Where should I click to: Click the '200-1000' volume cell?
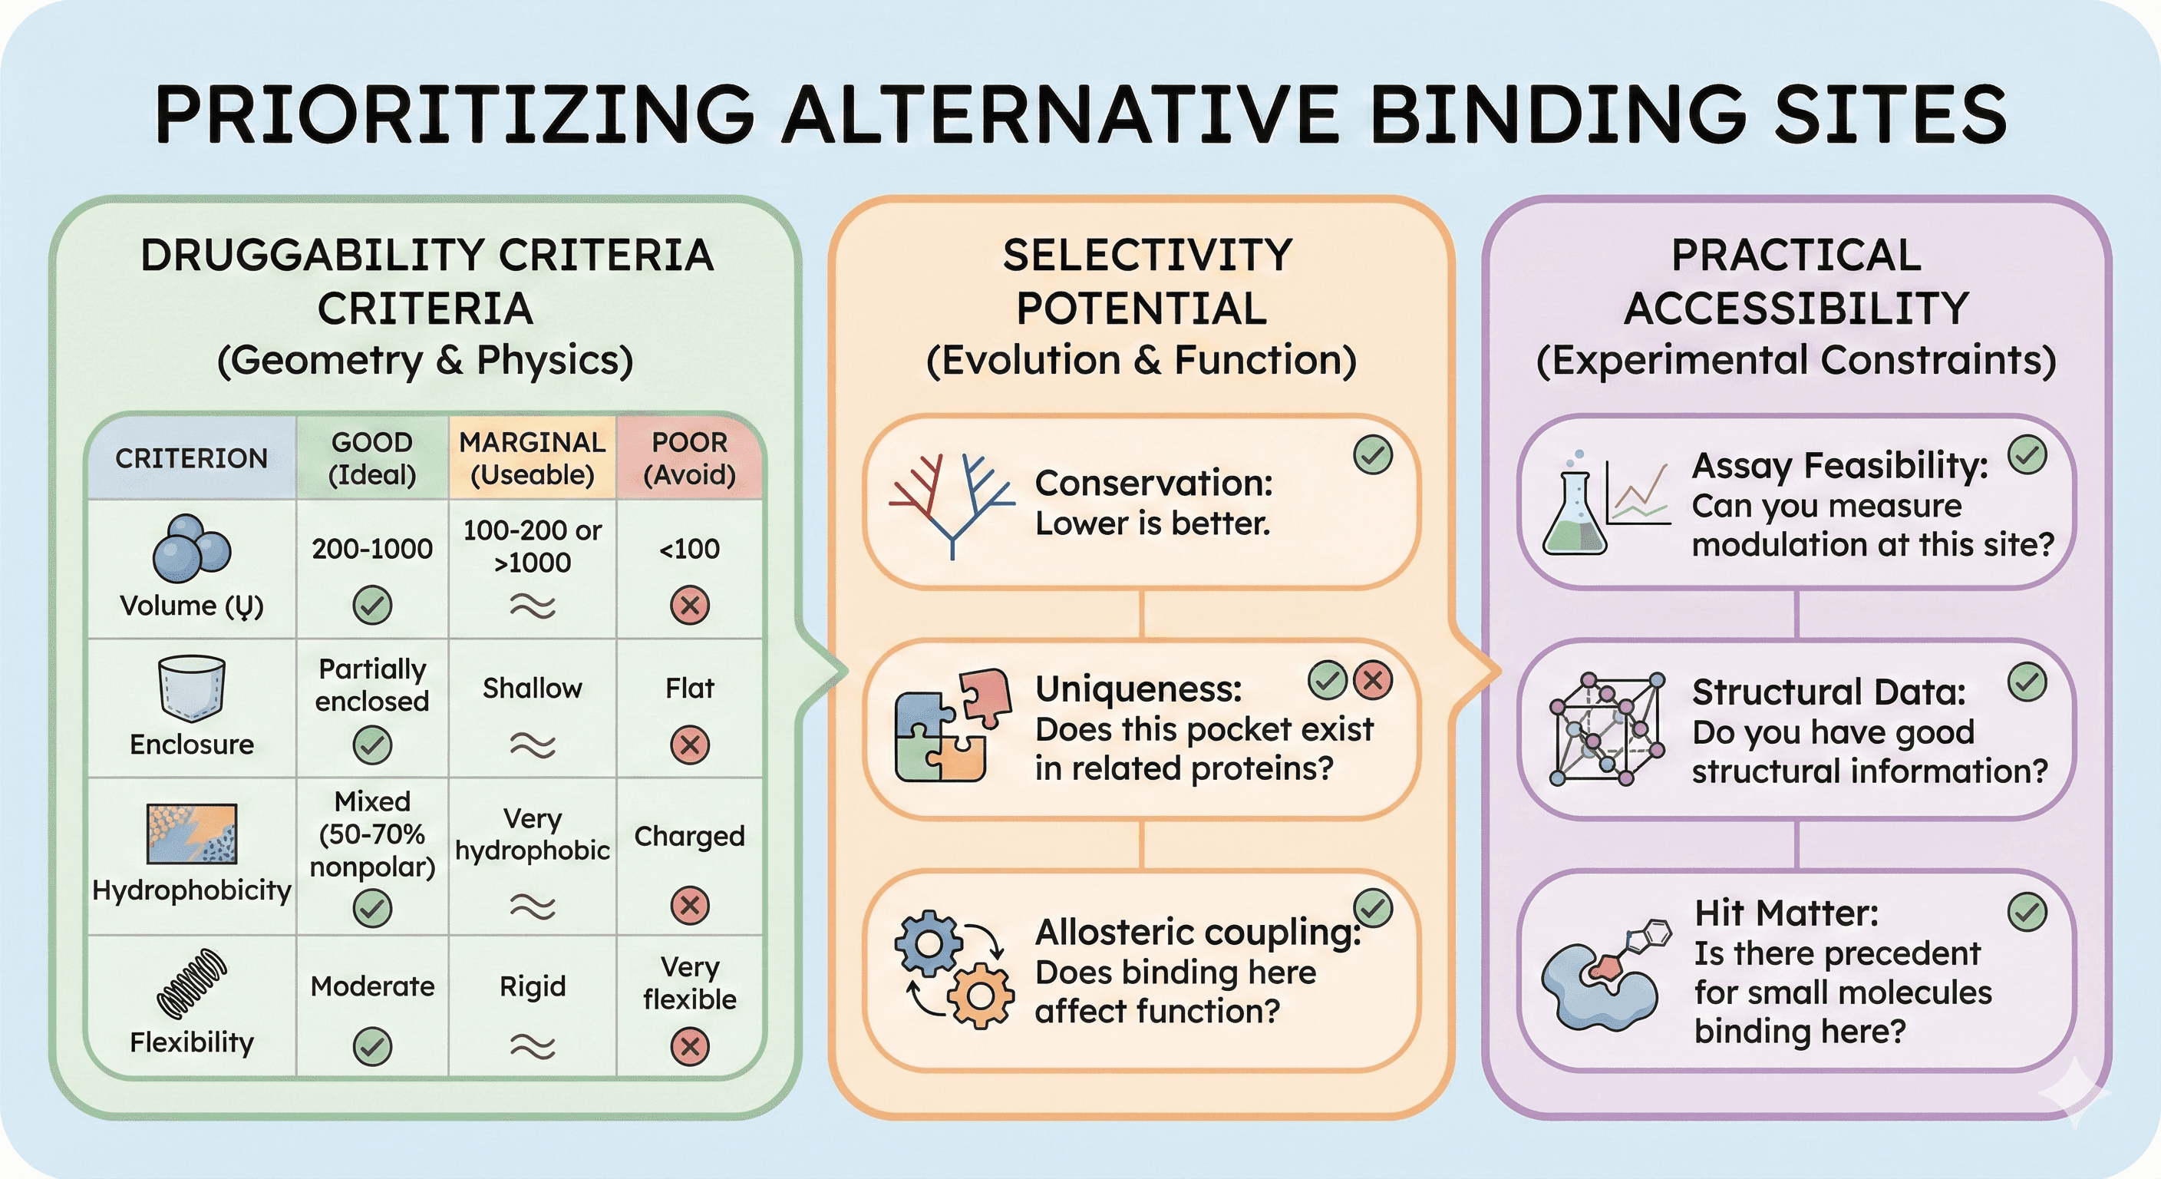point(371,549)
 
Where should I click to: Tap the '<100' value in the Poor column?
point(690,549)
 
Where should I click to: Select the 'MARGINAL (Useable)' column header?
point(532,458)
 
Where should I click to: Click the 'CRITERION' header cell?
point(191,458)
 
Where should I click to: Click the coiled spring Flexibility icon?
point(191,982)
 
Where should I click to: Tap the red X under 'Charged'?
point(690,906)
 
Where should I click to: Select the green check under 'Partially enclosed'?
point(371,745)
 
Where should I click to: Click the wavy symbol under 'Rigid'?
point(532,1045)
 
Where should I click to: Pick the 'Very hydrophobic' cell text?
point(532,834)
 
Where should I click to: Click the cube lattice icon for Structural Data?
point(1605,728)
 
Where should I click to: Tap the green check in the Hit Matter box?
point(2027,912)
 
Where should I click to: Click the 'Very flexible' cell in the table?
point(690,982)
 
